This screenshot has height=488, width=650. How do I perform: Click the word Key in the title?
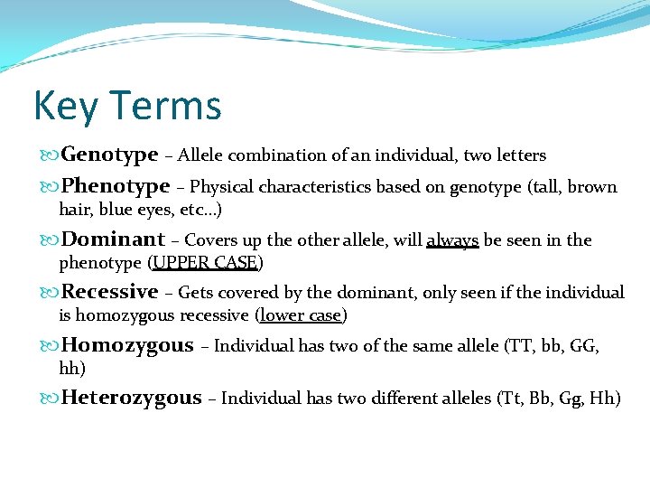63,106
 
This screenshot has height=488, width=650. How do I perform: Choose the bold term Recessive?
109,292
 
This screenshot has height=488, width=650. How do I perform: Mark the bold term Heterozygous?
131,398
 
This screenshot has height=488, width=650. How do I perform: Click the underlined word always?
452,240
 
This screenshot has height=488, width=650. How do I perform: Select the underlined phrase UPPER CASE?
206,263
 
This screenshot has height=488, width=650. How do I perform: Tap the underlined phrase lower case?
302,315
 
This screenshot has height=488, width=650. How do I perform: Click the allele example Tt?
510,399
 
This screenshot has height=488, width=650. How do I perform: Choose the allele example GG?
581,346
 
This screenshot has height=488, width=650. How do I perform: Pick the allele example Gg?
570,399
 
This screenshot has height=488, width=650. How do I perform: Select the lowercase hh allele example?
69,369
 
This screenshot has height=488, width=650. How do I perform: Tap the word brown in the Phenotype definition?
591,187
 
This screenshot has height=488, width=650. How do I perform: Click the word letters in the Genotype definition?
522,155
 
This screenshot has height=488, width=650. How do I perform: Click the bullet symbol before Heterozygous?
51,399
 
